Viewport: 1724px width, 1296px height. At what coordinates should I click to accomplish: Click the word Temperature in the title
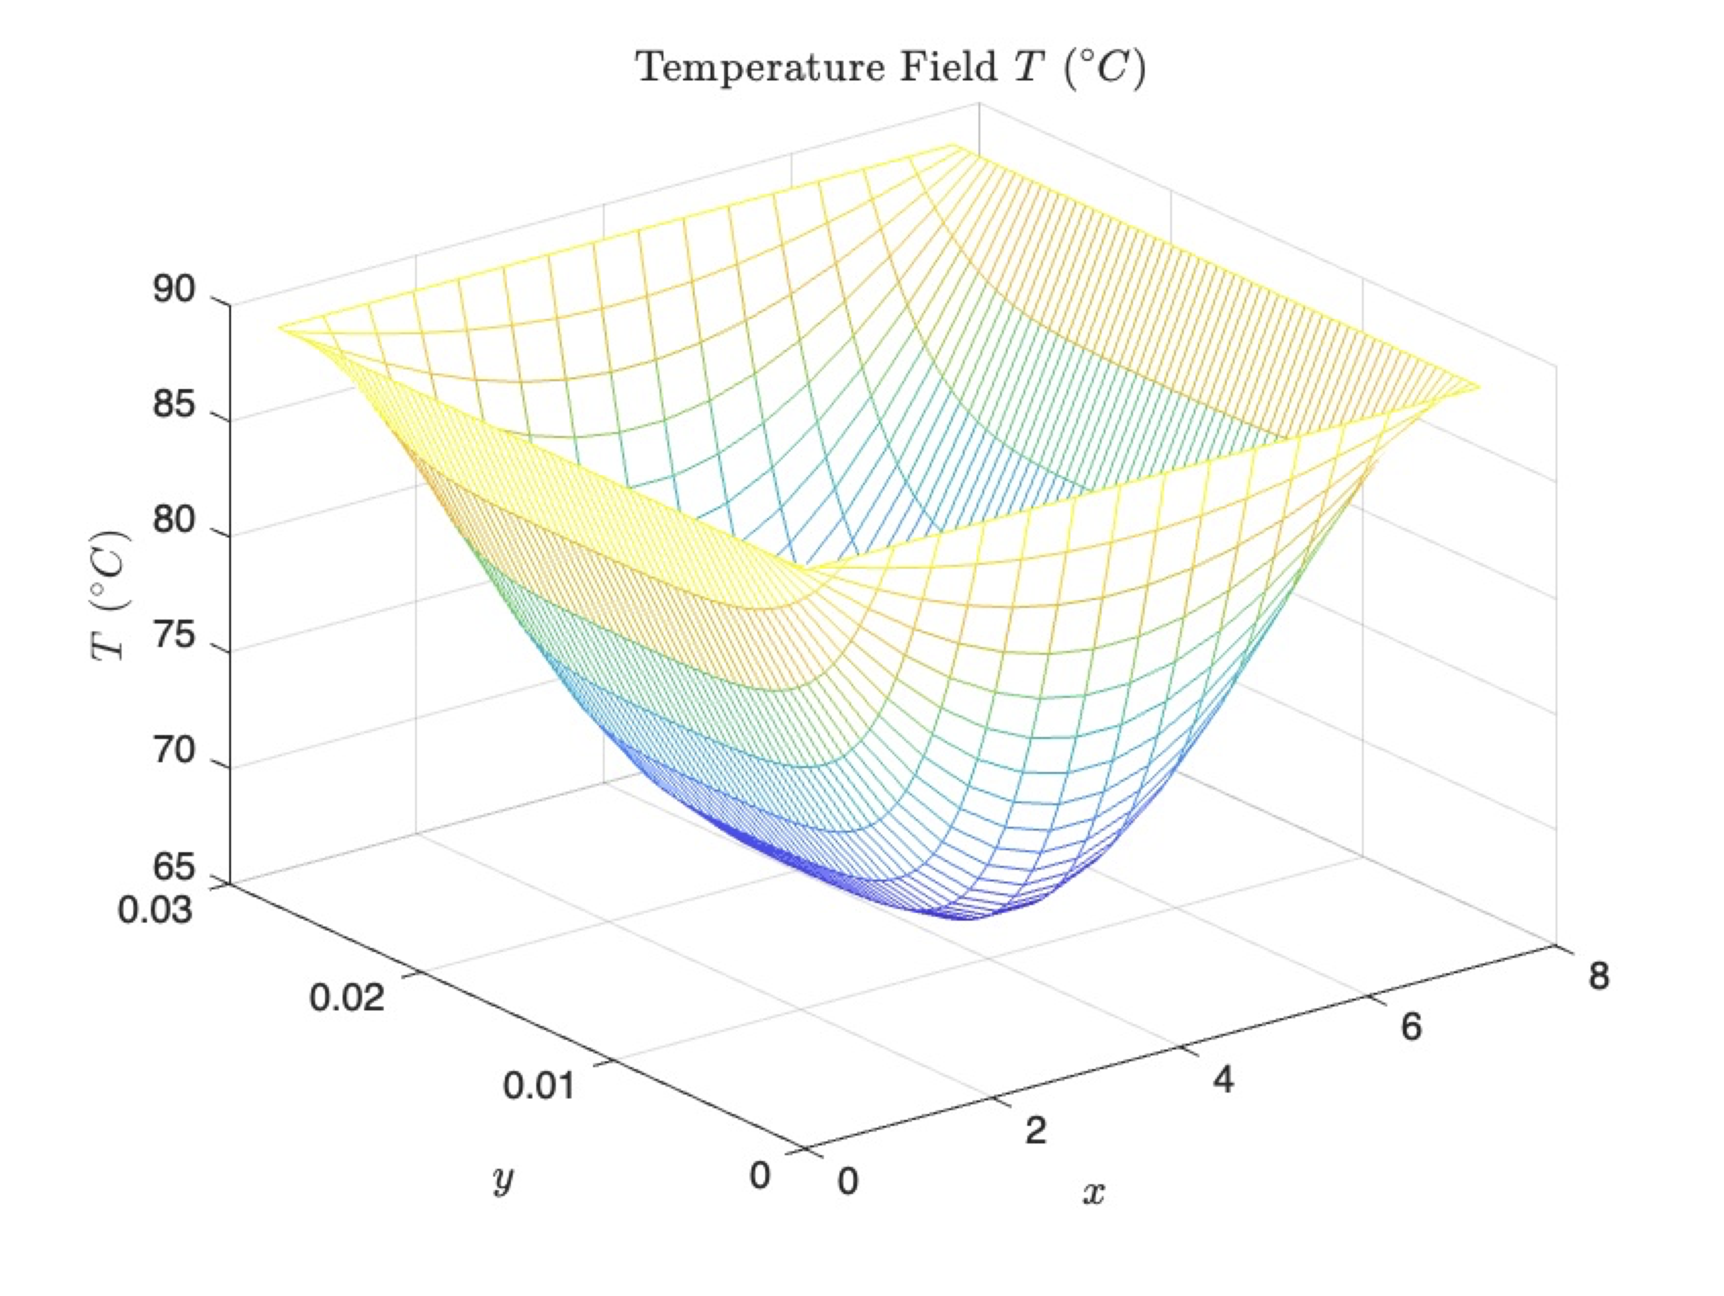[x=760, y=68]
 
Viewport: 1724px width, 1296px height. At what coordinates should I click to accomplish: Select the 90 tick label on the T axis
[x=173, y=290]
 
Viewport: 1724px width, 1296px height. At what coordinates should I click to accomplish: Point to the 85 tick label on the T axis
[x=173, y=406]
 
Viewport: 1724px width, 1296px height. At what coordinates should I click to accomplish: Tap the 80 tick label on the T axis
[x=173, y=520]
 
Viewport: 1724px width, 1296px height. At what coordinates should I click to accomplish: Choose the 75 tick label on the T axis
[x=173, y=636]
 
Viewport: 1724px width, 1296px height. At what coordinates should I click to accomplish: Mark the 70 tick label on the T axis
[x=173, y=751]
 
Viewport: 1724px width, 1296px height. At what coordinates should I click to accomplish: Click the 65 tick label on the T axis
[x=173, y=867]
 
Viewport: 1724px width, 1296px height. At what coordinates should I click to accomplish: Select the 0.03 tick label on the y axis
[x=155, y=910]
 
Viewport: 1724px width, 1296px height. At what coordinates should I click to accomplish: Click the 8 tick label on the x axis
[x=1598, y=976]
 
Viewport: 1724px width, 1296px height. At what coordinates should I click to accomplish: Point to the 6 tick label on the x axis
[x=1411, y=1027]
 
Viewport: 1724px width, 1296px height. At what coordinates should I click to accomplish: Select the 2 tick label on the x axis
[x=1035, y=1131]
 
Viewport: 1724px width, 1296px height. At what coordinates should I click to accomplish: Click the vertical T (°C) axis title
[x=109, y=596]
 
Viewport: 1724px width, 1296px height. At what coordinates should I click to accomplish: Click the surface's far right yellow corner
[x=1477, y=386]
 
